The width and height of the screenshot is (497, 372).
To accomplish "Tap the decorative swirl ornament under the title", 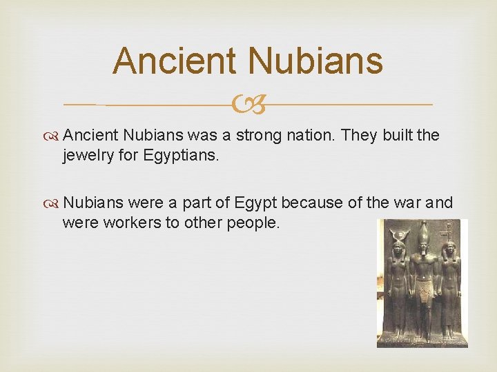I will (x=248, y=105).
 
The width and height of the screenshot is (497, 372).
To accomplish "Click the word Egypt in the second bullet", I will (x=256, y=203).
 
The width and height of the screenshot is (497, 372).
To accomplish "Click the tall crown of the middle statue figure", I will (x=422, y=231).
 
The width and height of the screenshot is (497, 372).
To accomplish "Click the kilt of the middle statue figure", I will (x=423, y=292).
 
